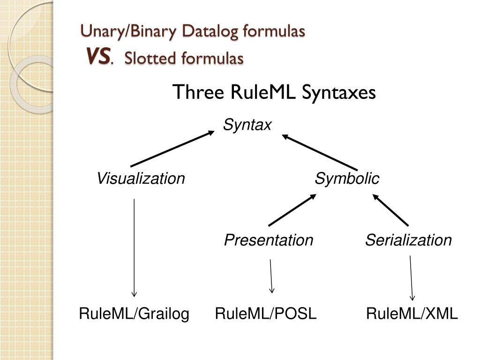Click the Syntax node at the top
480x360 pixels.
(x=247, y=125)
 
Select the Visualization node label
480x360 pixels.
(x=141, y=179)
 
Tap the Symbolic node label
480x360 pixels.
(x=347, y=179)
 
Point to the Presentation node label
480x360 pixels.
(x=268, y=240)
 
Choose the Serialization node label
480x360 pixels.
(x=408, y=240)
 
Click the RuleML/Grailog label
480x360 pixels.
(x=134, y=314)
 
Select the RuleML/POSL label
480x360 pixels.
(x=266, y=314)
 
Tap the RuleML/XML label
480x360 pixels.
(x=412, y=314)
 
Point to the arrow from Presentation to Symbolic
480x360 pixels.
(x=292, y=210)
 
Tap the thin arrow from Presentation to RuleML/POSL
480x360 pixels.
(x=271, y=276)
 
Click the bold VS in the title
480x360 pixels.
(x=98, y=58)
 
